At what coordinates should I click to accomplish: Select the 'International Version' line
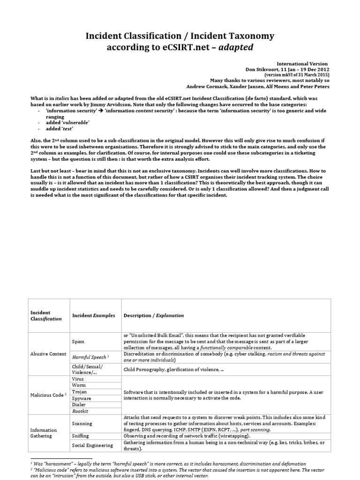coord(303,63)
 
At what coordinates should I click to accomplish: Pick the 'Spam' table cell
coord(78,342)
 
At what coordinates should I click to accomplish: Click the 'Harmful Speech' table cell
coord(90,357)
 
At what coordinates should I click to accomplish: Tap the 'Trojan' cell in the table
coord(79,391)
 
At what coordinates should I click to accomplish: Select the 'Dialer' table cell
coord(79,405)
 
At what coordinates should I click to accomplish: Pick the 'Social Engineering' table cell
coord(93,446)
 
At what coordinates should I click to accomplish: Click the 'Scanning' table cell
coord(82,423)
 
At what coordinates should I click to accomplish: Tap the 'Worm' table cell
coord(78,385)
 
